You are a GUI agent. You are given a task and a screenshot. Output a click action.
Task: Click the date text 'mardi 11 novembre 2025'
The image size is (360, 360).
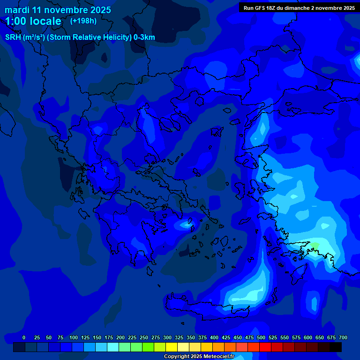(x=58, y=10)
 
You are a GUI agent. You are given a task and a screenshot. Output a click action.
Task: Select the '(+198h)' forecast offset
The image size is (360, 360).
(x=83, y=21)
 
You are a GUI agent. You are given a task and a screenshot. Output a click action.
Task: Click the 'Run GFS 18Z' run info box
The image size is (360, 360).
(x=299, y=8)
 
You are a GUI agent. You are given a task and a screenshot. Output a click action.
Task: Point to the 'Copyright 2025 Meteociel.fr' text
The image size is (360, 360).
(x=199, y=357)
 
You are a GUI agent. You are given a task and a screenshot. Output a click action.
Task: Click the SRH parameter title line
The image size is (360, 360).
(x=80, y=37)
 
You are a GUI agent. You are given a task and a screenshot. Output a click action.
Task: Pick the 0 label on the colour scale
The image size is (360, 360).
(x=24, y=337)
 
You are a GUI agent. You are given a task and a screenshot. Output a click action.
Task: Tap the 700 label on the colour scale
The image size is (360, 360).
(x=343, y=337)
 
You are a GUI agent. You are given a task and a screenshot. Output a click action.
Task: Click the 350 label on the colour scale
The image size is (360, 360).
(x=191, y=337)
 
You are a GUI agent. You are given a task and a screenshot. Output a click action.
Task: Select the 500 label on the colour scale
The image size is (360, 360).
(x=261, y=337)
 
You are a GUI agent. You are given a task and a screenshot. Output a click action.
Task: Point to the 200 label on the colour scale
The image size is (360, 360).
(x=120, y=337)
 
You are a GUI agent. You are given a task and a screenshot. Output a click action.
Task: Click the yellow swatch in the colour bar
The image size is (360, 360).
(x=172, y=347)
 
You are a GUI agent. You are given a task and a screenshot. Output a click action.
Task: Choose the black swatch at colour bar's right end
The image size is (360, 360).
(x=336, y=347)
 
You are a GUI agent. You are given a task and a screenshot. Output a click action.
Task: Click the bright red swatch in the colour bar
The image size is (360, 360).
(x=265, y=347)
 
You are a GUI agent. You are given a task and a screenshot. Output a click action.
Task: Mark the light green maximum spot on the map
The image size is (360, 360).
(x=315, y=245)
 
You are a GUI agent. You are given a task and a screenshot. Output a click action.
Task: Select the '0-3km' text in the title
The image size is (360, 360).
(x=144, y=37)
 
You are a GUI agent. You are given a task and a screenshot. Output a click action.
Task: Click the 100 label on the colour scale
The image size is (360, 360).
(x=74, y=337)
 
